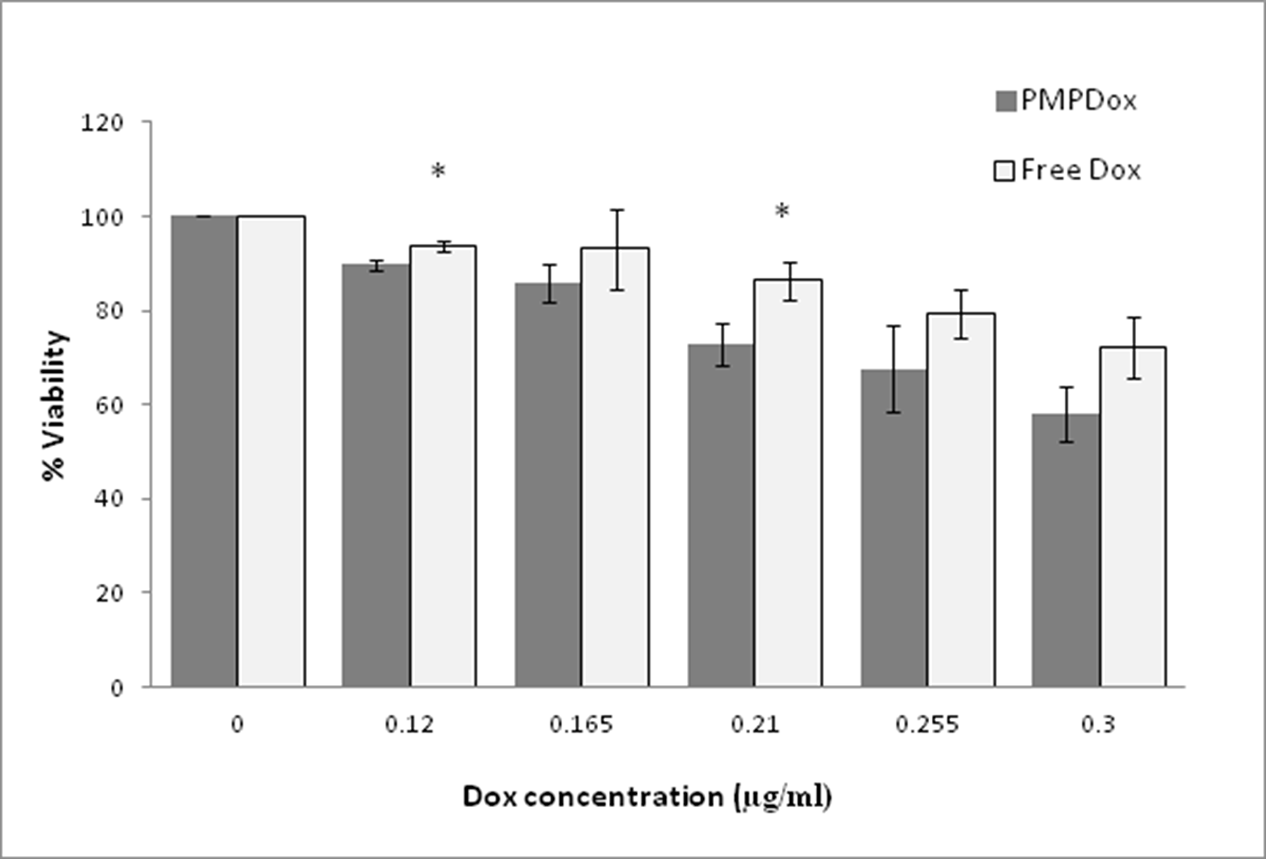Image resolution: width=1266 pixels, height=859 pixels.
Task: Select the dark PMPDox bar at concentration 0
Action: pyautogui.click(x=204, y=451)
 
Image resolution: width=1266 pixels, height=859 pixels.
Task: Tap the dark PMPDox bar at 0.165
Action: pyautogui.click(x=548, y=484)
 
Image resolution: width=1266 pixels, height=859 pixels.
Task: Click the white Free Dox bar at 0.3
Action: pyautogui.click(x=1133, y=517)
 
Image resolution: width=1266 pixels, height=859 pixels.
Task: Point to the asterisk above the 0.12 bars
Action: pyautogui.click(x=438, y=172)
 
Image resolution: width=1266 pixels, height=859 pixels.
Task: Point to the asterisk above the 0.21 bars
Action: pyautogui.click(x=782, y=211)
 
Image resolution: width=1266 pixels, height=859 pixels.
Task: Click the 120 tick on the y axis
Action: pyautogui.click(x=102, y=123)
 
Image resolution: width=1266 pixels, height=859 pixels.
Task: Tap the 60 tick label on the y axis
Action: pyautogui.click(x=109, y=405)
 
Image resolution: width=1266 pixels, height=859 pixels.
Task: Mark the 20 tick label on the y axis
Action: pyautogui.click(x=109, y=593)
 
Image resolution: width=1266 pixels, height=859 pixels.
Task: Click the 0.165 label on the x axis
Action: pyautogui.click(x=581, y=724)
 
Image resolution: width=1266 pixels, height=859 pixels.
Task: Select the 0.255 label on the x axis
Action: pyautogui.click(x=927, y=724)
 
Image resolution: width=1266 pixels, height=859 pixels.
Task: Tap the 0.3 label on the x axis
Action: pyautogui.click(x=1098, y=724)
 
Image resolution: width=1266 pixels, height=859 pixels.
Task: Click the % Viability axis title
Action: pyautogui.click(x=54, y=405)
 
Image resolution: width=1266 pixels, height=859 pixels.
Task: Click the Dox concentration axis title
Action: pyautogui.click(x=647, y=797)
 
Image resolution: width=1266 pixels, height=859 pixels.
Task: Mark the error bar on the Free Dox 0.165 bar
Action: pyautogui.click(x=618, y=249)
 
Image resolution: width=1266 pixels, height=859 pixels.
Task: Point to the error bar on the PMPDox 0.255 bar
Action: pyautogui.click(x=893, y=369)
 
